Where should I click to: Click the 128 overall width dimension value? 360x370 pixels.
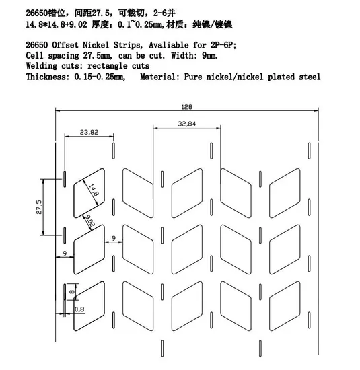pos(186,107)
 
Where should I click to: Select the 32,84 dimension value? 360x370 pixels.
pos(186,124)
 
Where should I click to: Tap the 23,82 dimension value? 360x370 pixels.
pos(89,132)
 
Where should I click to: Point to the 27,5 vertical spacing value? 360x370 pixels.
pos(39,207)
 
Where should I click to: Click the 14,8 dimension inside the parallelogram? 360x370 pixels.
pos(94,190)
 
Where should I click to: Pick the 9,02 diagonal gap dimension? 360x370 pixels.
pos(89,221)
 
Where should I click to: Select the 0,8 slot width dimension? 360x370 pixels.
pos(79,309)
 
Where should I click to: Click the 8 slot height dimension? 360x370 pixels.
pos(71,292)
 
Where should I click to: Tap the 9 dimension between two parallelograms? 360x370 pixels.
pos(114,238)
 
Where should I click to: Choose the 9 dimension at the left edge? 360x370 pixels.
pos(65,254)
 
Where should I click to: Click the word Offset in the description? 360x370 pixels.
pos(65,45)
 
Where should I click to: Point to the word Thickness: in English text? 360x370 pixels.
pos(48,77)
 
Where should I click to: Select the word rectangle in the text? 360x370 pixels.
pos(107,66)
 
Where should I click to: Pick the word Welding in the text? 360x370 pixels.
pos(42,66)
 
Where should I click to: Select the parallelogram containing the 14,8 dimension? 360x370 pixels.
pos(89,193)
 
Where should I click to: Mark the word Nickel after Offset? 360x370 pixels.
pos(96,45)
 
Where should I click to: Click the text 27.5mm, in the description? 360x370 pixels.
pos(98,56)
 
